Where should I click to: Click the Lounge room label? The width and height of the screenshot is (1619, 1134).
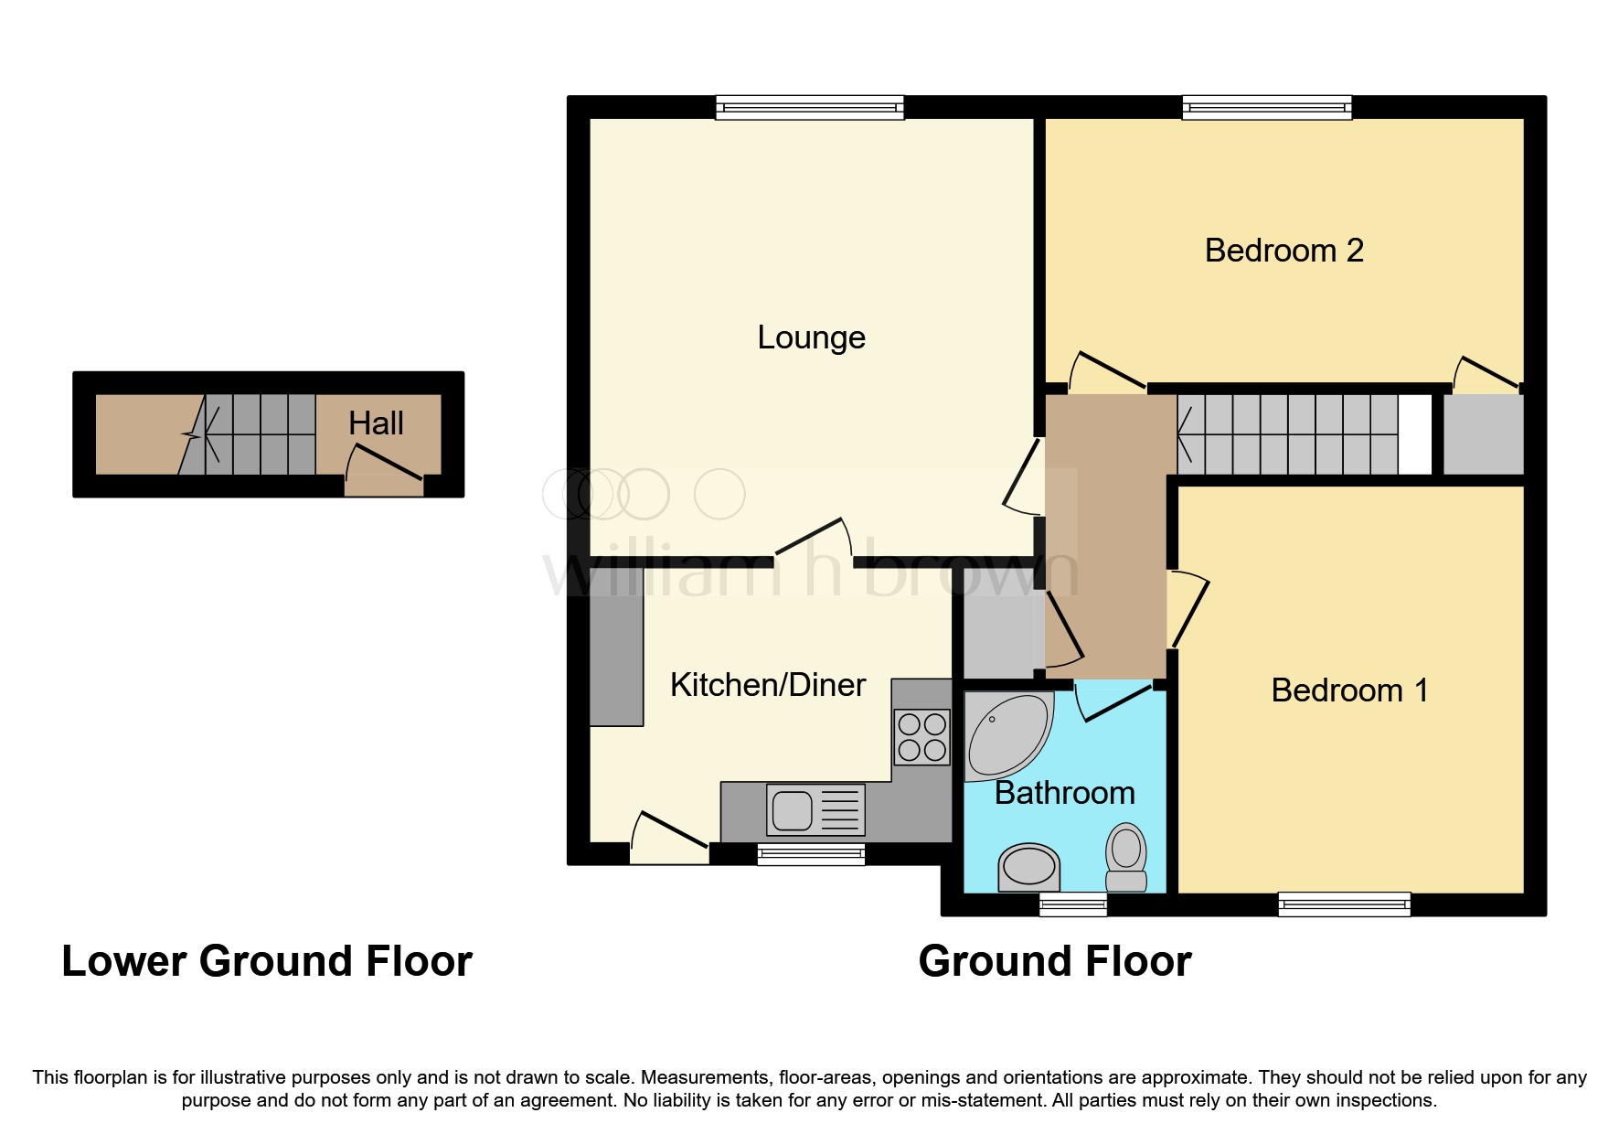click(811, 337)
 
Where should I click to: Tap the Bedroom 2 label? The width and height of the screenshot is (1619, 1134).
click(1283, 251)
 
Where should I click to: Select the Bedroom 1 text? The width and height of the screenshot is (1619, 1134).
click(1348, 690)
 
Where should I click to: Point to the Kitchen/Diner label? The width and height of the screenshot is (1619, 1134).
click(767, 685)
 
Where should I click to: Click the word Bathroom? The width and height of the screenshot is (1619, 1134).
click(1064, 793)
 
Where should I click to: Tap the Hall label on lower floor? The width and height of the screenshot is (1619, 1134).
click(376, 423)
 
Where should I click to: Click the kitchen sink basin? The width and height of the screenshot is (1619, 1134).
click(792, 810)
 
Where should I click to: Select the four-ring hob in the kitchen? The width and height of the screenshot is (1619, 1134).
click(921, 737)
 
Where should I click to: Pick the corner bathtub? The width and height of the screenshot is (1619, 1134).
click(1006, 737)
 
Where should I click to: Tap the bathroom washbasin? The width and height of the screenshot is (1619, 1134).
click(1028, 866)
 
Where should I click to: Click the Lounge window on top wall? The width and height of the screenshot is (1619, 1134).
click(809, 108)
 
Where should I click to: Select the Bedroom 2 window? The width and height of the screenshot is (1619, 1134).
click(1266, 108)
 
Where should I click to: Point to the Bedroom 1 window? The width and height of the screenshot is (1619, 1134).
click(1344, 904)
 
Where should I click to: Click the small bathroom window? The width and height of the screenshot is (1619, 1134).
click(1073, 904)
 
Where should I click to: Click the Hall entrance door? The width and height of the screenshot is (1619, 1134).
click(384, 472)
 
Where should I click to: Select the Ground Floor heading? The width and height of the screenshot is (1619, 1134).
click(1055, 962)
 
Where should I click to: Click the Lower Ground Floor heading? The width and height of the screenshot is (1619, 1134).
click(267, 962)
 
